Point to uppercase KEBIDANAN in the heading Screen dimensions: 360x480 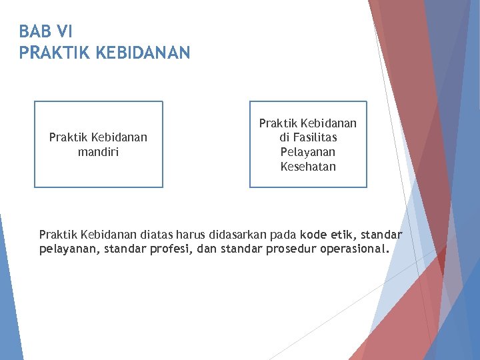143,52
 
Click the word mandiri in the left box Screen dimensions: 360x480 98,151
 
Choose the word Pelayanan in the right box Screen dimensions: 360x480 308,152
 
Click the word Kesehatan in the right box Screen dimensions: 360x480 308,166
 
